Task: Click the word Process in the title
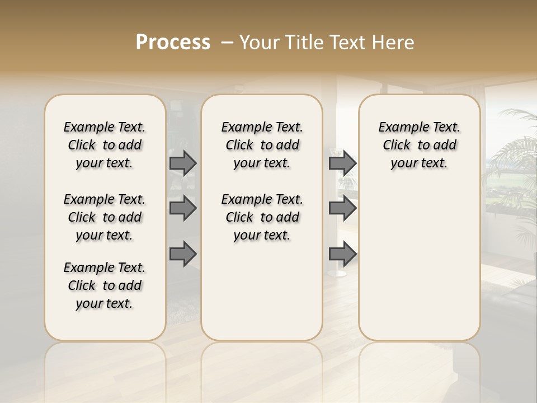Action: point(173,43)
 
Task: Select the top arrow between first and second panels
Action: point(183,163)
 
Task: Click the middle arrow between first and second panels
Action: point(183,208)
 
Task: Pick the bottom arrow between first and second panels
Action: point(183,254)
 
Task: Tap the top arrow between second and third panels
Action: point(342,163)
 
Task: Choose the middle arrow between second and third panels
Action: point(342,208)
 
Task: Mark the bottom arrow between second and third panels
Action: point(342,254)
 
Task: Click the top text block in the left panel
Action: point(105,145)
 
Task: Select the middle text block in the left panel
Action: point(105,217)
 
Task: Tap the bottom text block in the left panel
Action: point(105,285)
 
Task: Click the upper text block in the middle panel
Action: point(262,145)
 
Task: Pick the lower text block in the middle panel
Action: point(262,217)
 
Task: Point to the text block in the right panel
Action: point(420,145)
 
